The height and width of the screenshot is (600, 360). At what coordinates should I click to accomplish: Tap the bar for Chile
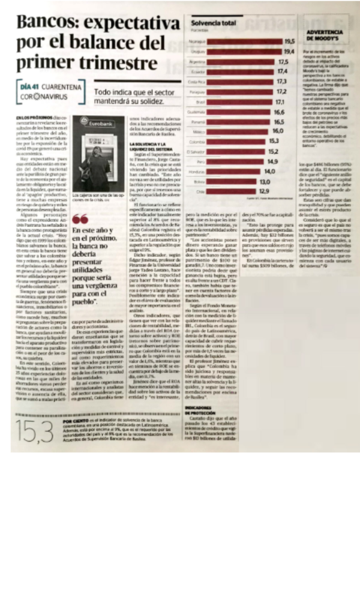tap(227, 191)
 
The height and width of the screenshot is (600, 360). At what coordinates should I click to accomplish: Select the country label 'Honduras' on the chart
tap(194, 172)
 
